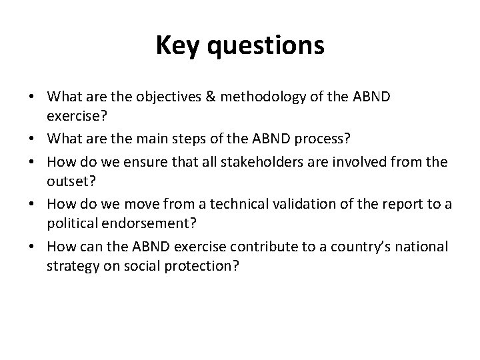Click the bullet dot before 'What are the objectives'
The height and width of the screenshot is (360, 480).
pyautogui.click(x=31, y=98)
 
